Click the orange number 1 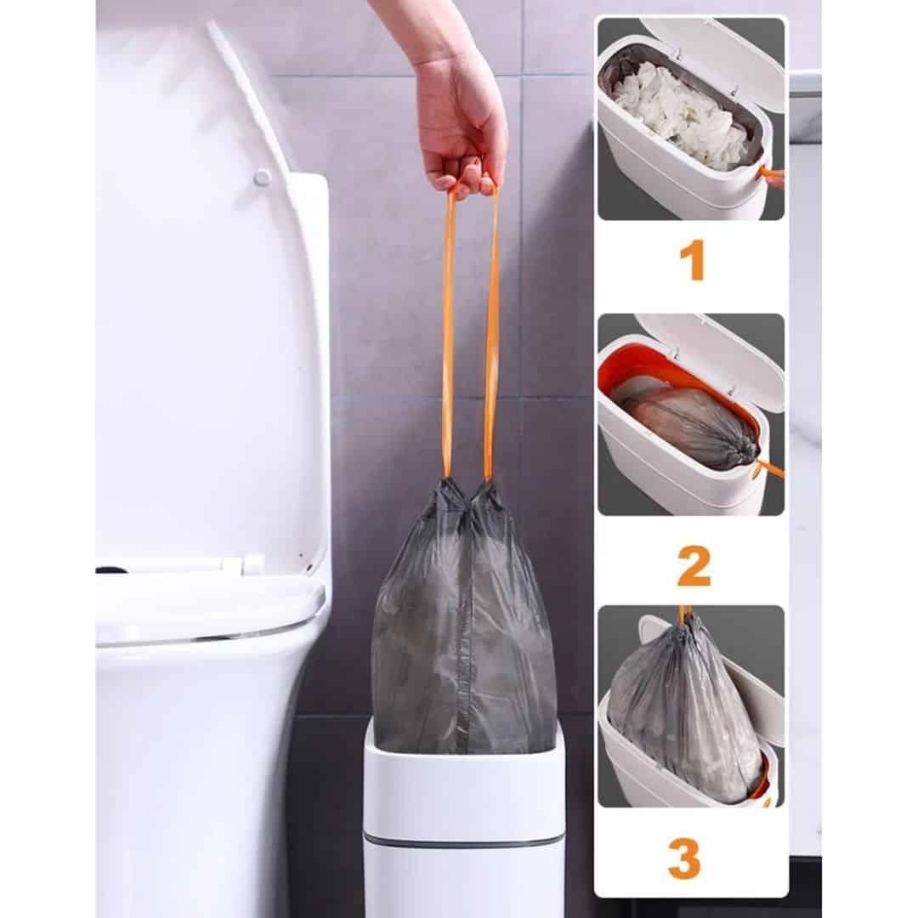[694, 262]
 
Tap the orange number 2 [694, 566]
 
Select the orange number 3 [685, 858]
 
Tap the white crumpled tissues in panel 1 [679, 112]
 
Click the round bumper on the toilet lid [262, 178]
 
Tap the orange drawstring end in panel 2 [770, 468]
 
